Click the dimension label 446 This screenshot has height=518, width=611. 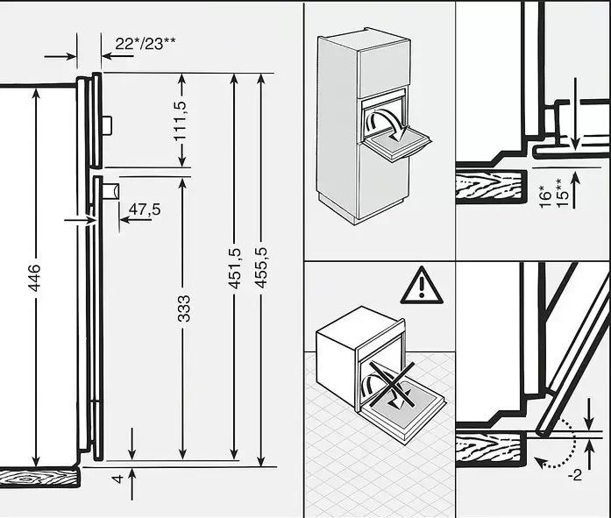[35, 277]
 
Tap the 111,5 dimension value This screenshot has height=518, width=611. [181, 121]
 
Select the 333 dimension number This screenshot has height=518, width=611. [184, 309]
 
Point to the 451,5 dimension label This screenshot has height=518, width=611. [235, 268]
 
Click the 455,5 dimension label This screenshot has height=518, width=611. [261, 268]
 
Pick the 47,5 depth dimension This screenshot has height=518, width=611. [145, 209]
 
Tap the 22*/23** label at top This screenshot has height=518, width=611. [145, 44]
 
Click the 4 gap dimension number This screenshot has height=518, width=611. [117, 479]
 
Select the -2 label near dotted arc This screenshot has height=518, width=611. [575, 475]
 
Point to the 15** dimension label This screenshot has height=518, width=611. [561, 193]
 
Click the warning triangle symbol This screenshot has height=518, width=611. [422, 285]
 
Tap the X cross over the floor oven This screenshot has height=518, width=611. [392, 385]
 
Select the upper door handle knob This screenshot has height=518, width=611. [107, 125]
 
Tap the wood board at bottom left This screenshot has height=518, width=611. [39, 478]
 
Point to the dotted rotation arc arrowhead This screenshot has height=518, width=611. [538, 462]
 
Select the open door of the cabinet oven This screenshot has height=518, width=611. [397, 145]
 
